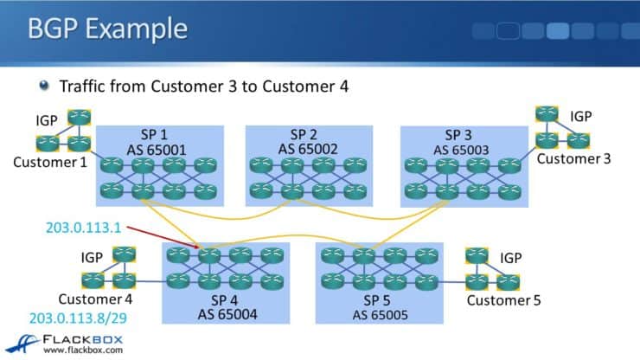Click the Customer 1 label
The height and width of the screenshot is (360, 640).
tap(49, 161)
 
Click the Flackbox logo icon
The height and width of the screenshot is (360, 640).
tap(19, 339)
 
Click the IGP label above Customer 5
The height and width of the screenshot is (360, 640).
tap(511, 257)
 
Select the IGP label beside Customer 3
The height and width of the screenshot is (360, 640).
tap(581, 115)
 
